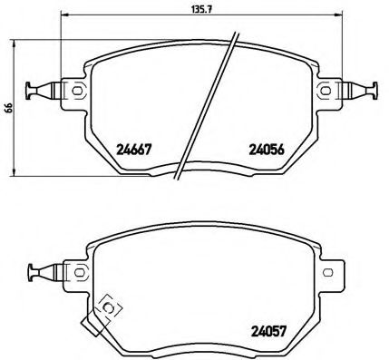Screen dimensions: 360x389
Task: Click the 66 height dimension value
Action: [x=8, y=106]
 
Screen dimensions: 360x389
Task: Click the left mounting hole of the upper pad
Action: [x=78, y=89]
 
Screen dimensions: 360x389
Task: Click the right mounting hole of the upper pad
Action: [x=325, y=89]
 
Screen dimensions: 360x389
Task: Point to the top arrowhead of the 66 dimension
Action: [x=18, y=41]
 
